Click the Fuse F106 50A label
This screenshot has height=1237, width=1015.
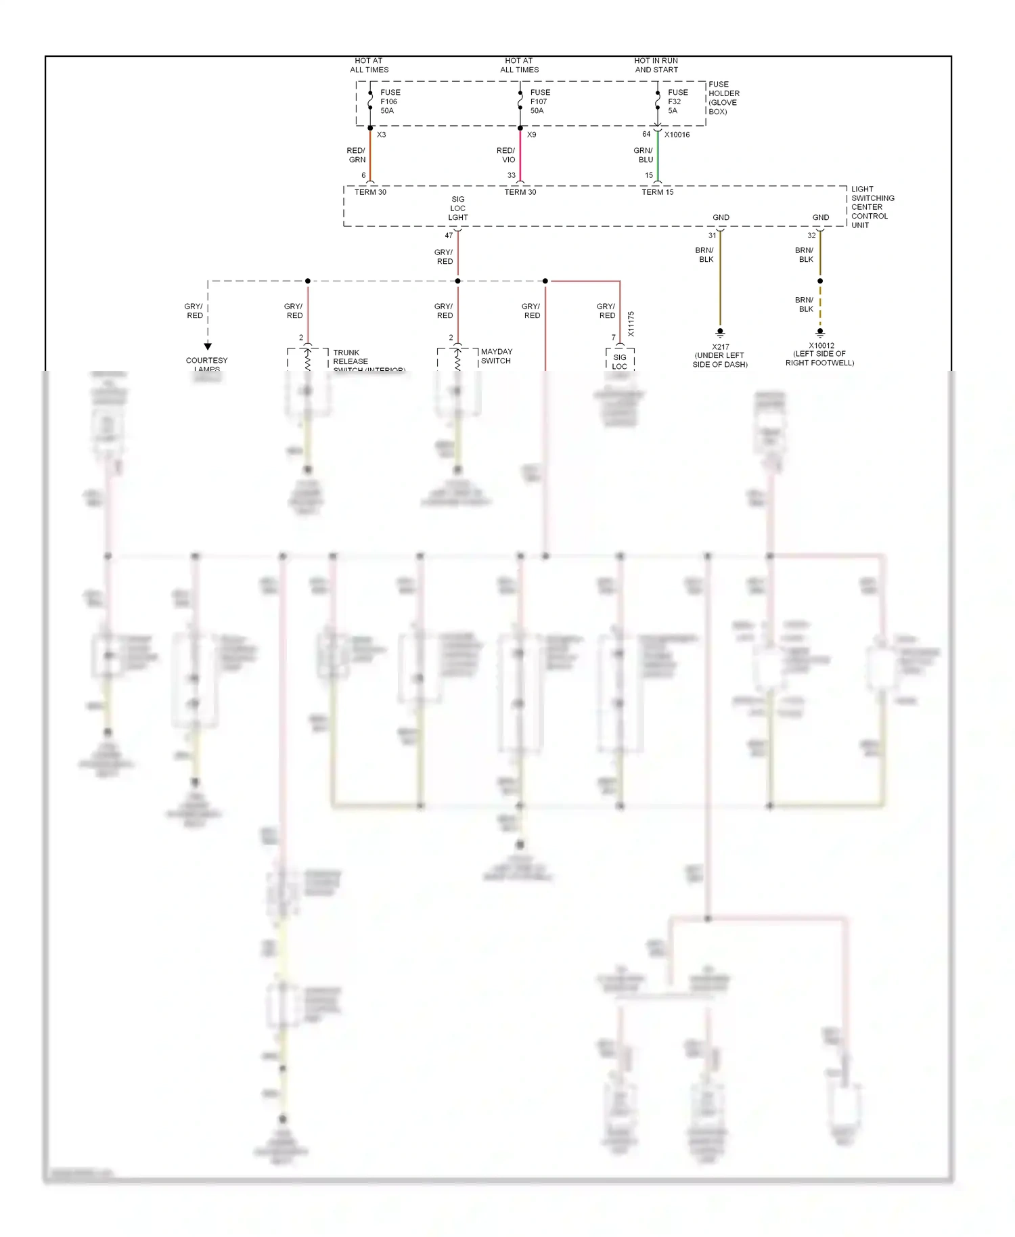coord(390,102)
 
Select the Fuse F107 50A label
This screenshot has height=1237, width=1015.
coord(539,102)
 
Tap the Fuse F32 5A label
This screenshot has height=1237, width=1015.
coord(677,102)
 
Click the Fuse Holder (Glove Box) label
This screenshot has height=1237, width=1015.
coord(723,98)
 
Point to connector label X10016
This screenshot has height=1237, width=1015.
coord(677,135)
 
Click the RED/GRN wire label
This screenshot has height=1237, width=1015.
coord(357,155)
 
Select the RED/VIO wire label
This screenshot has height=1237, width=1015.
coord(506,155)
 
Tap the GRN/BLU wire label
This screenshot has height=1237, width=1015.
coord(644,155)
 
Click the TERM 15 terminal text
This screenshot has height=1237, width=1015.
coord(657,192)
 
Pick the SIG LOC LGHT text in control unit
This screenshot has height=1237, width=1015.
coord(458,208)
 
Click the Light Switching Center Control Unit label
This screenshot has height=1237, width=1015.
coord(872,207)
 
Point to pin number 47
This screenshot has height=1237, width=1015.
coord(449,235)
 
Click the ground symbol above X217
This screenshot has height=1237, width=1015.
coord(720,333)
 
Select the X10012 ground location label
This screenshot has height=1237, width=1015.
coord(820,354)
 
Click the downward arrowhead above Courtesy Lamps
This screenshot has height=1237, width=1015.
coord(208,346)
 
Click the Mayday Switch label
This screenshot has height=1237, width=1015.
coord(496,356)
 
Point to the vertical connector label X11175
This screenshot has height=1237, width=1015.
coord(631,324)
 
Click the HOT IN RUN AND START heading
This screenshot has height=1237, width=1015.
coord(656,65)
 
